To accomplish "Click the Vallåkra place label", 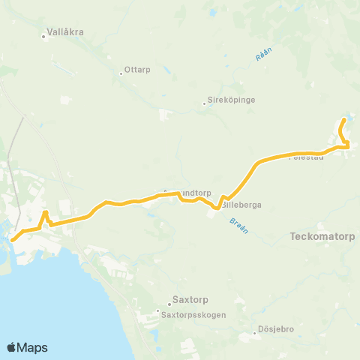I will click(x=64, y=32).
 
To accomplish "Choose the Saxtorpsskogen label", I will click(x=193, y=316).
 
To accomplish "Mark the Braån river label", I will click(x=238, y=223).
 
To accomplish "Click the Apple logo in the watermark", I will click(x=12, y=347).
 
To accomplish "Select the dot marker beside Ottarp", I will click(x=121, y=73).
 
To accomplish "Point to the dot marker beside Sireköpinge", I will click(x=205, y=104).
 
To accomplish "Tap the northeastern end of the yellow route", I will click(x=344, y=119).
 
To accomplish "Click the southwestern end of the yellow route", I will click(x=13, y=239).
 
